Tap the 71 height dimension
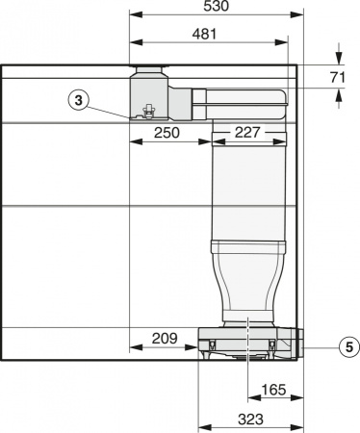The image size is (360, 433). click(x=336, y=76)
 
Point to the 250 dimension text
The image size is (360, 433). click(x=167, y=133)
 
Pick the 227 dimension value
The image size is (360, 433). click(x=246, y=133)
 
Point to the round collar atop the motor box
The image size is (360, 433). click(x=148, y=71)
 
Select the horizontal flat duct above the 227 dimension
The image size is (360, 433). click(x=241, y=95)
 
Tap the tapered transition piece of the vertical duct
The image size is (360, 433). click(x=248, y=279)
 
